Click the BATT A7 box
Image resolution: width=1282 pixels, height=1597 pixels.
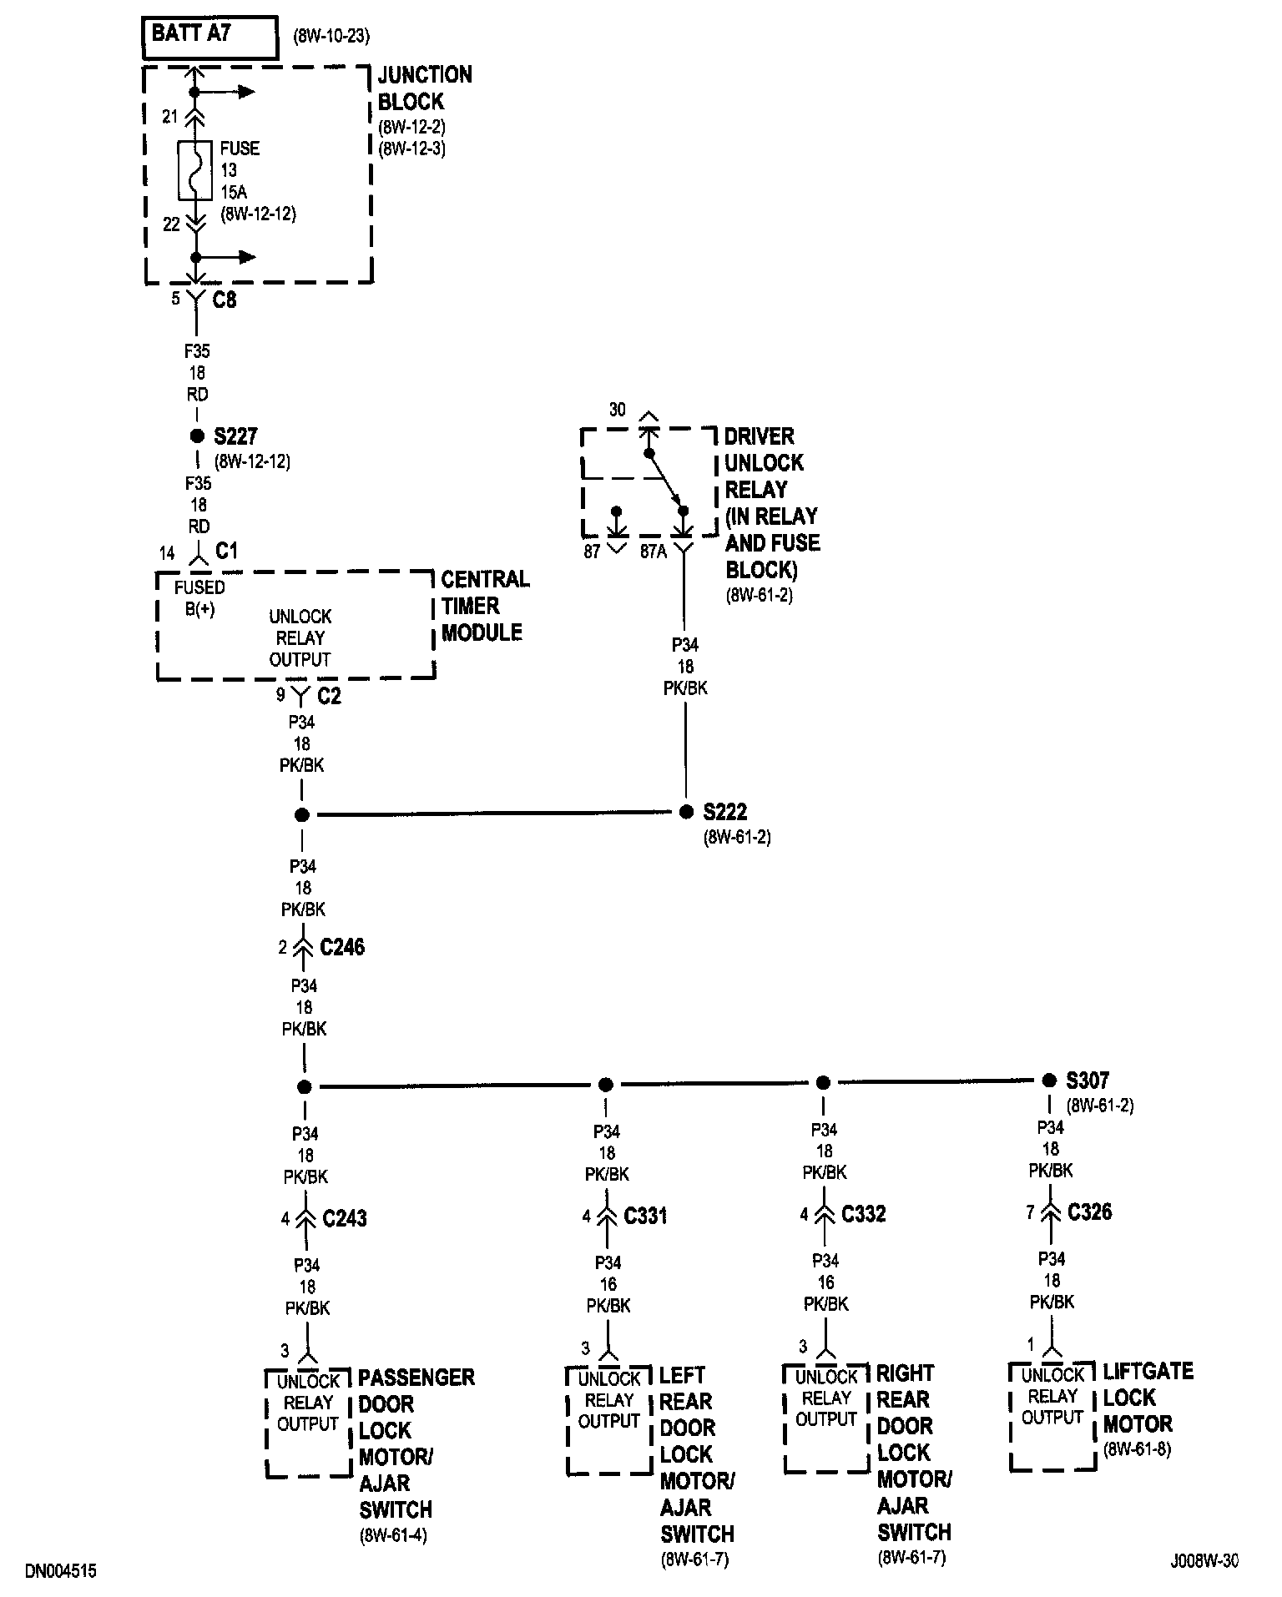pos(210,38)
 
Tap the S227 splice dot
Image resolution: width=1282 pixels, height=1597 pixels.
pos(197,436)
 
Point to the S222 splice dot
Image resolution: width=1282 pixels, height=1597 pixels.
pos(686,812)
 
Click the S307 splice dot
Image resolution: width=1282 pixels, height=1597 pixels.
pos(1049,1081)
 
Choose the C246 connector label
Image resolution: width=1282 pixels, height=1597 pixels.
pos(342,947)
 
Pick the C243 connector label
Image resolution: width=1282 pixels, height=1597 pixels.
pos(345,1219)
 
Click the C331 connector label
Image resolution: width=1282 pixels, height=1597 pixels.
pos(645,1216)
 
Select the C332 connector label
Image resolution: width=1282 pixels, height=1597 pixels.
pos(863,1214)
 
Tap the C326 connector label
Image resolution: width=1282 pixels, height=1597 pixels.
pos(1089,1212)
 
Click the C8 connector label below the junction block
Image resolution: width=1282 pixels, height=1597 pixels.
pos(224,300)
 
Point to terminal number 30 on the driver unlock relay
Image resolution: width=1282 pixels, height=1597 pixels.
pos(617,410)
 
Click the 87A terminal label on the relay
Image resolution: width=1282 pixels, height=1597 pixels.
pos(653,552)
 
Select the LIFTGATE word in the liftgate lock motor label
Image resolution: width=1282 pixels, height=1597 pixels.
pos(1148,1372)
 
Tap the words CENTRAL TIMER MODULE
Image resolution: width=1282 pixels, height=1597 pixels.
pos(484,606)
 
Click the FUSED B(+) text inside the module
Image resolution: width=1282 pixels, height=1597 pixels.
pos(199,598)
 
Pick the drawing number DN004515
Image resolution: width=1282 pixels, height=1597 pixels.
pos(61,1572)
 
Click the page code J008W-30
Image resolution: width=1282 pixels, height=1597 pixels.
pos(1204,1561)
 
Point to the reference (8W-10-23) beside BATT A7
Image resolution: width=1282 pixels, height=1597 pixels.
pos(331,36)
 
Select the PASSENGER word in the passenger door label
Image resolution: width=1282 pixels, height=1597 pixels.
pos(416,1377)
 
